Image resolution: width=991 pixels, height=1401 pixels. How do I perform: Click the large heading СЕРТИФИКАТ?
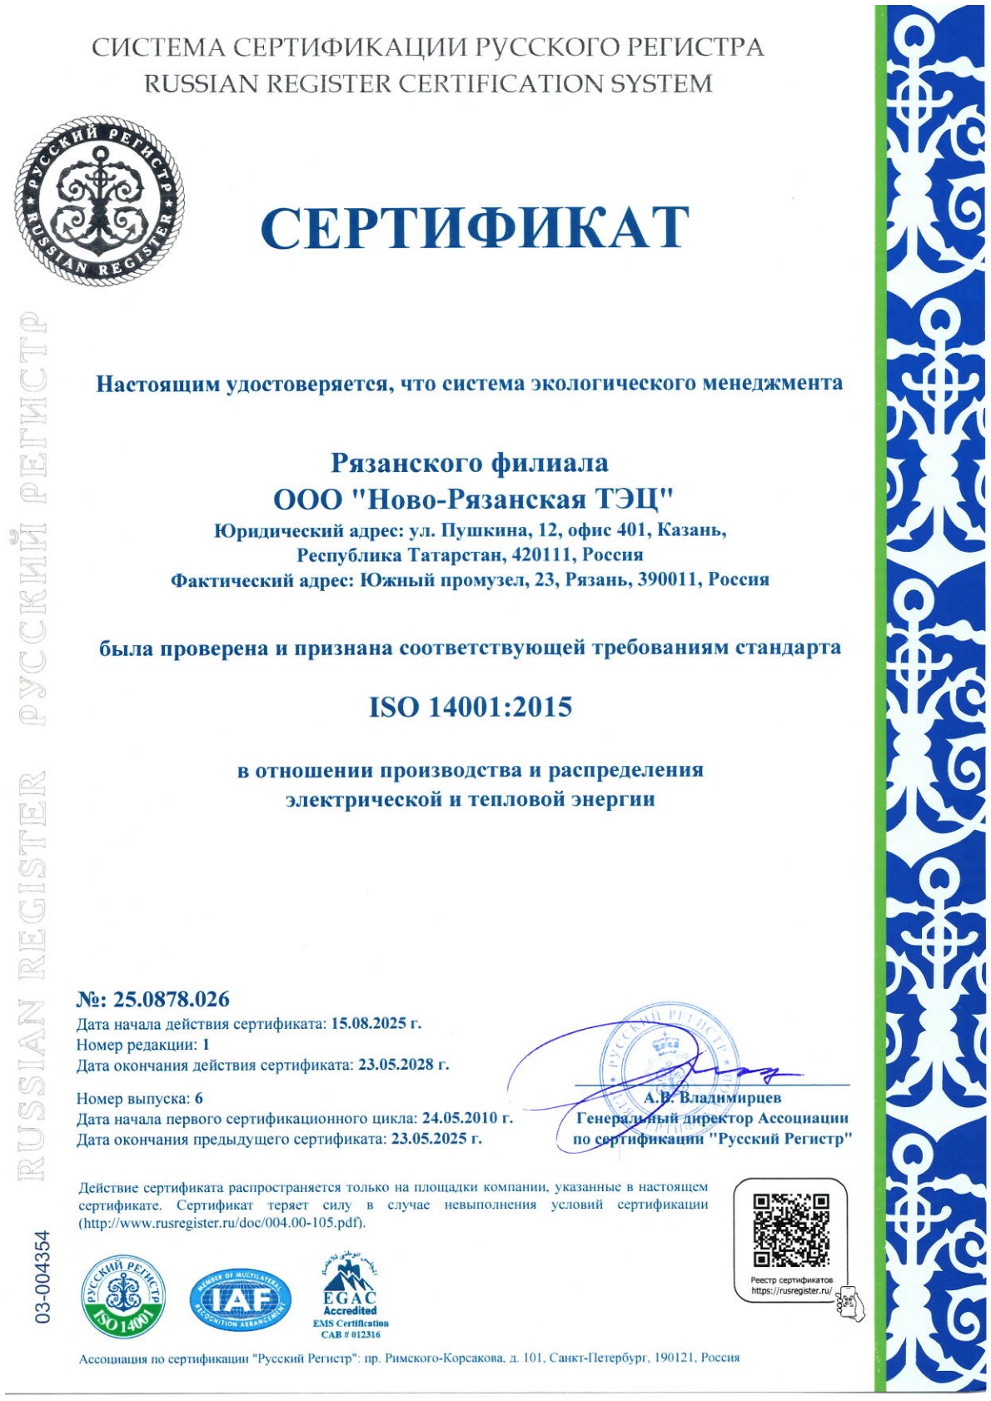tap(475, 227)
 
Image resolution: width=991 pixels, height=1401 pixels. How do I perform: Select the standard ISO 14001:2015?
tap(471, 707)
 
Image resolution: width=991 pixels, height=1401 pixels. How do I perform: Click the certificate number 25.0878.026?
tap(171, 999)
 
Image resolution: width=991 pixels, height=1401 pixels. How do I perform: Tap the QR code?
tap(791, 1230)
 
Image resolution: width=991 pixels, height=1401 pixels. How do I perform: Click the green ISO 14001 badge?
tap(122, 1297)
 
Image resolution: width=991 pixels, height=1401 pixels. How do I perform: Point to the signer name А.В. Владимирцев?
tap(712, 1097)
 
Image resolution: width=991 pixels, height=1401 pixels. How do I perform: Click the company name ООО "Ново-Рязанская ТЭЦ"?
tap(472, 499)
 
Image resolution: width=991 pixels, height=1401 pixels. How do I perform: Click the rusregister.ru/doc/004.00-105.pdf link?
tap(222, 1223)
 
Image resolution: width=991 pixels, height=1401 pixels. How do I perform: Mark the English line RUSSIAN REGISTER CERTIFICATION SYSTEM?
tap(428, 84)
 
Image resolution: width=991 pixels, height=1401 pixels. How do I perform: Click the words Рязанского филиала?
tap(470, 462)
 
